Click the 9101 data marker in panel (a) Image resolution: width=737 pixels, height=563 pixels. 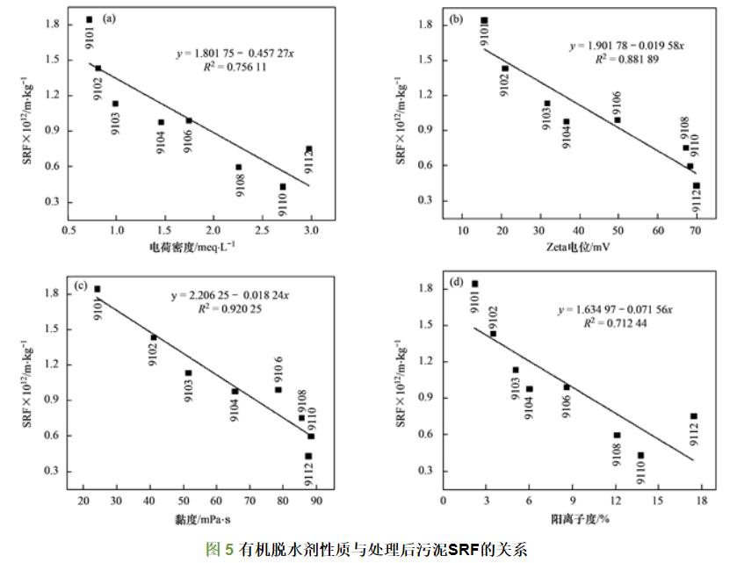click(89, 19)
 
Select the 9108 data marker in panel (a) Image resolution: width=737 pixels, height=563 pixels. click(238, 167)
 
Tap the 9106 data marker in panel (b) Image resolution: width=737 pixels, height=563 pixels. click(618, 120)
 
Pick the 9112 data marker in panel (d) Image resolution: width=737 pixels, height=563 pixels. click(694, 416)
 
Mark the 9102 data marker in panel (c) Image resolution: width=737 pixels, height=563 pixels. click(154, 337)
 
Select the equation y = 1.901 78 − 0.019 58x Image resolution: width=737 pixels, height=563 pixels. click(626, 46)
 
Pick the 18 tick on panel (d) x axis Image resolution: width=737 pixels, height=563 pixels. click(700, 501)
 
